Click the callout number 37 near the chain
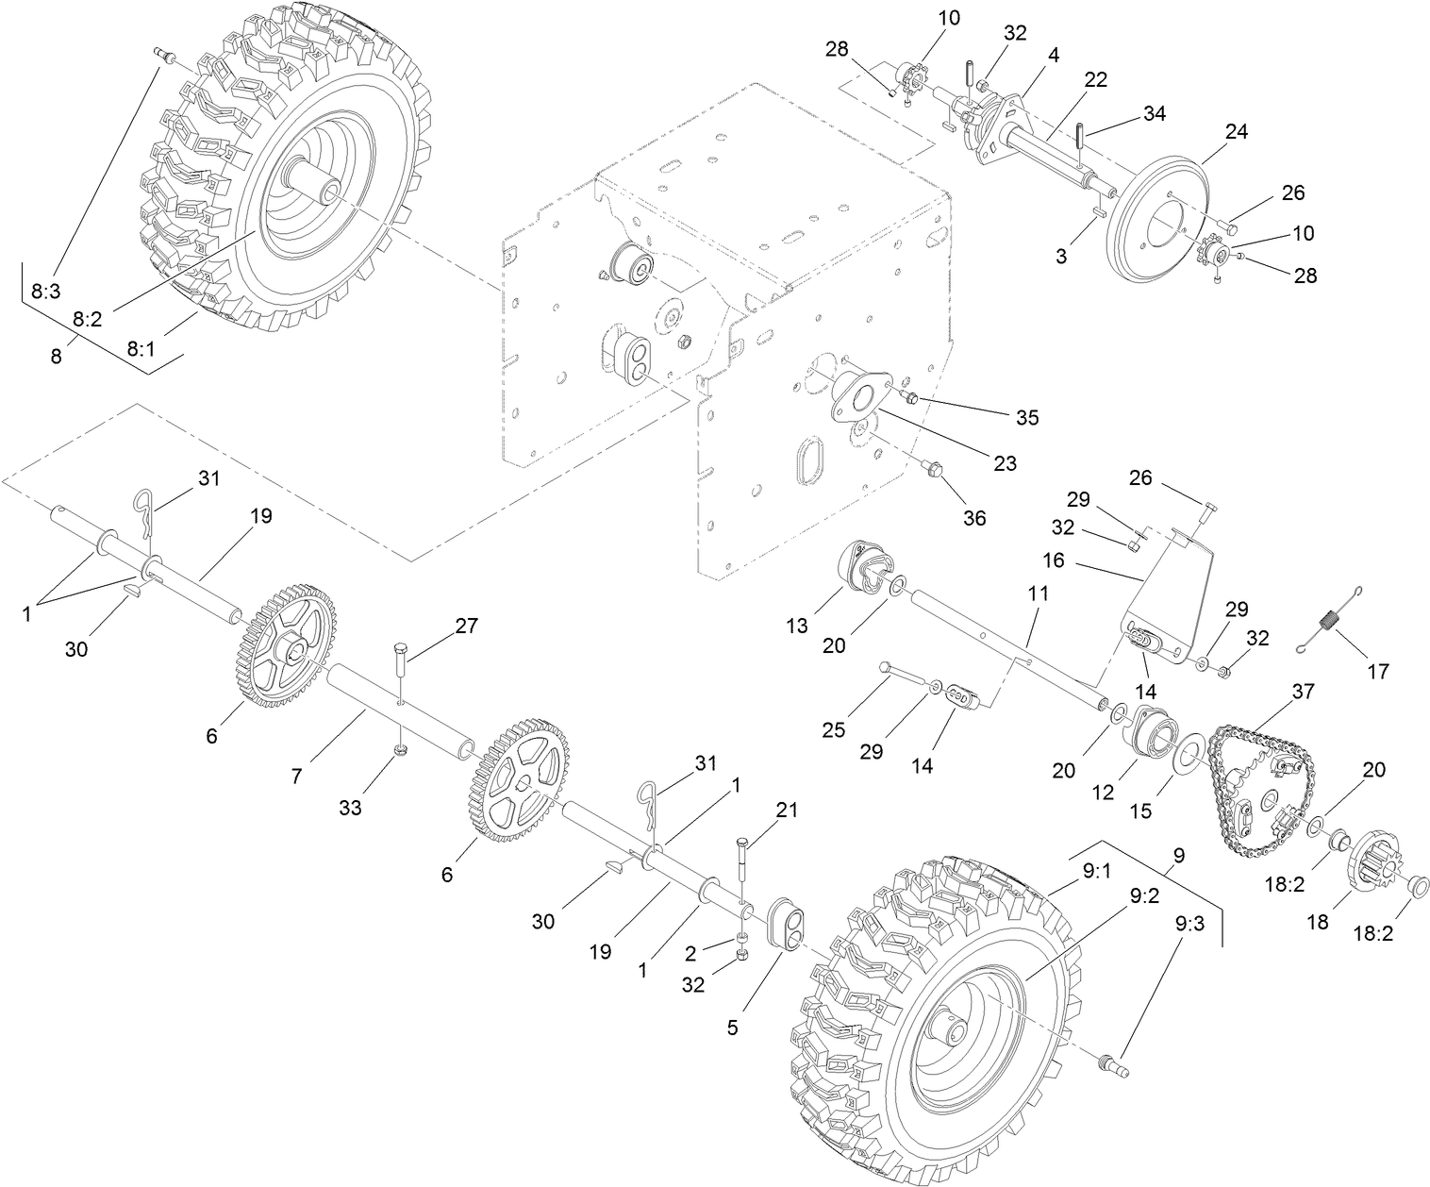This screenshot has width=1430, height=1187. pos(1303,692)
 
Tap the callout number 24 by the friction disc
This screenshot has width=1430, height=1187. pos(1236,131)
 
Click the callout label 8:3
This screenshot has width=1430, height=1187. pos(44,292)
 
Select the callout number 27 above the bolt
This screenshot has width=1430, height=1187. pos(466,625)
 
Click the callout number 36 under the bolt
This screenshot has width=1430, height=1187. pos(973,518)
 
